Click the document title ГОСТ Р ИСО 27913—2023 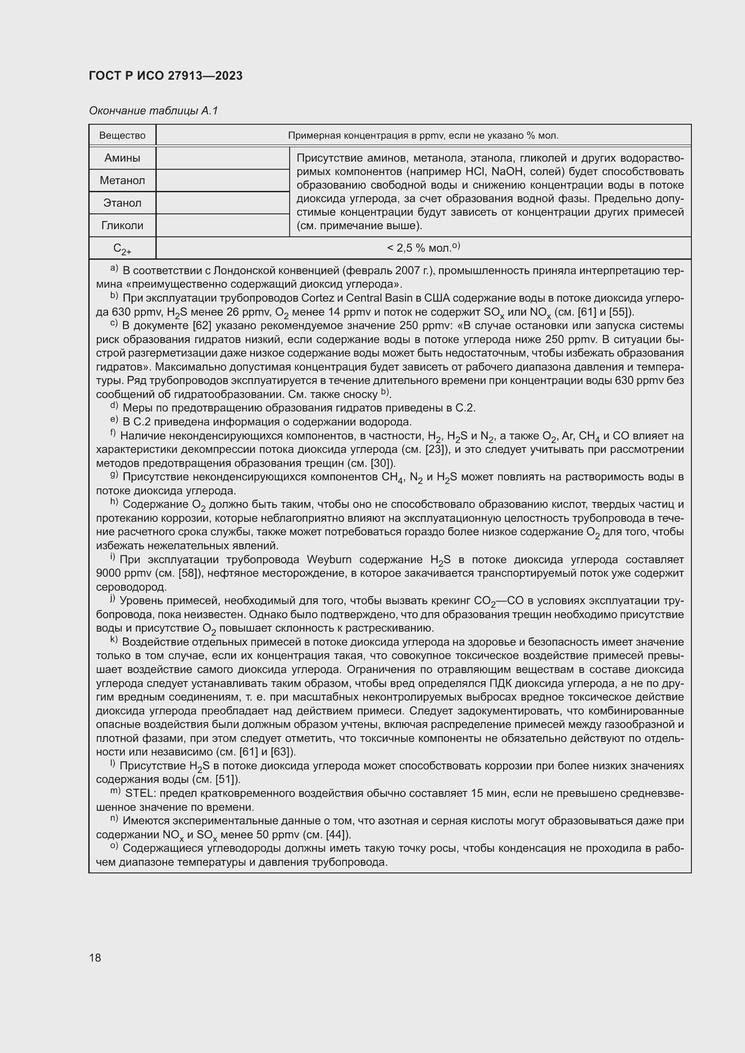[x=166, y=76]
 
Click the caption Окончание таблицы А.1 [x=153, y=111]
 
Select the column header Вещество [x=122, y=136]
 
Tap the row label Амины [x=122, y=158]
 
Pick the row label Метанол [x=122, y=180]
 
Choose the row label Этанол [x=122, y=203]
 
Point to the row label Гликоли [x=122, y=225]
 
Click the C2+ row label [x=122, y=249]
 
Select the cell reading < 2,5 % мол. [x=423, y=248]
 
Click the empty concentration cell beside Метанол [x=223, y=180]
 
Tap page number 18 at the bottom [x=95, y=958]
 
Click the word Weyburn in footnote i [x=329, y=560]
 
